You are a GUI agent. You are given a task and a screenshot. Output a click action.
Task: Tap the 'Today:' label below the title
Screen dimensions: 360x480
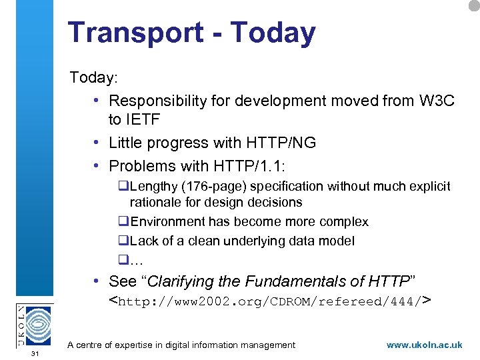pyautogui.click(x=94, y=77)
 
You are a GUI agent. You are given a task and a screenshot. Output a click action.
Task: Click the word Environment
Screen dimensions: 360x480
pyautogui.click(x=167, y=221)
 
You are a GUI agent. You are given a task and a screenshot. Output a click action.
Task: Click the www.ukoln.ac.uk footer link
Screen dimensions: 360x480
pyautogui.click(x=424, y=345)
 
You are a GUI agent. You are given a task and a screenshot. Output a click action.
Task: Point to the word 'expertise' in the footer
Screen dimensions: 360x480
pyautogui.click(x=146, y=345)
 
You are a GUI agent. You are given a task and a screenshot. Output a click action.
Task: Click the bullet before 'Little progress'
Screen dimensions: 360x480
pyautogui.click(x=97, y=143)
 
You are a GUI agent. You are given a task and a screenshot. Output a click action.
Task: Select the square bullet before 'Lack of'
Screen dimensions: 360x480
pyautogui.click(x=123, y=241)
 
